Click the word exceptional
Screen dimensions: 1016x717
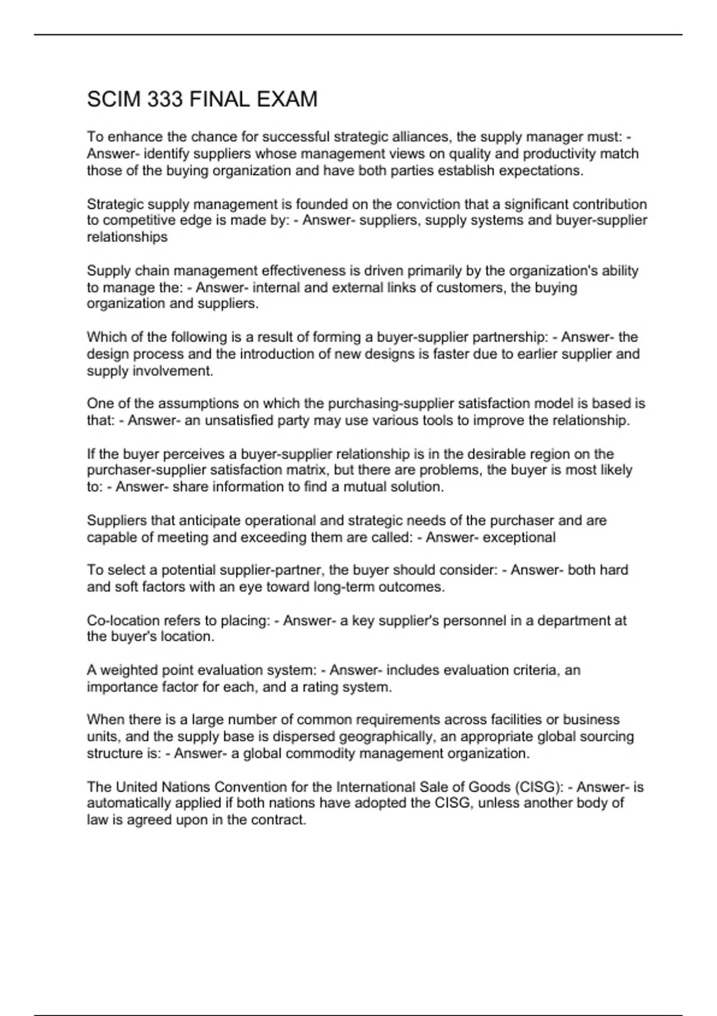519,537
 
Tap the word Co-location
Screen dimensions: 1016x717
122,620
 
